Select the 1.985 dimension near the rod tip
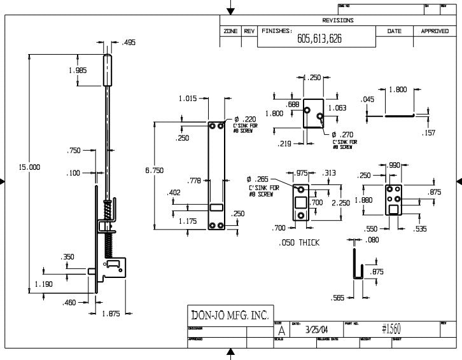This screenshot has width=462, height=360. (78, 71)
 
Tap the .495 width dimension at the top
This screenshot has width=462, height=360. (129, 43)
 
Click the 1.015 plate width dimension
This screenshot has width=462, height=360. (188, 99)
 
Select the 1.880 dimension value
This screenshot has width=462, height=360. (363, 199)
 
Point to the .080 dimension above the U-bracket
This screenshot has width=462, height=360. (372, 240)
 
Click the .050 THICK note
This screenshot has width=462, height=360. (299, 243)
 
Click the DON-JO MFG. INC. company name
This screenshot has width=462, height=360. (230, 315)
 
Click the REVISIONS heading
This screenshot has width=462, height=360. (338, 20)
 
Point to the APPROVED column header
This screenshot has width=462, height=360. (435, 31)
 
